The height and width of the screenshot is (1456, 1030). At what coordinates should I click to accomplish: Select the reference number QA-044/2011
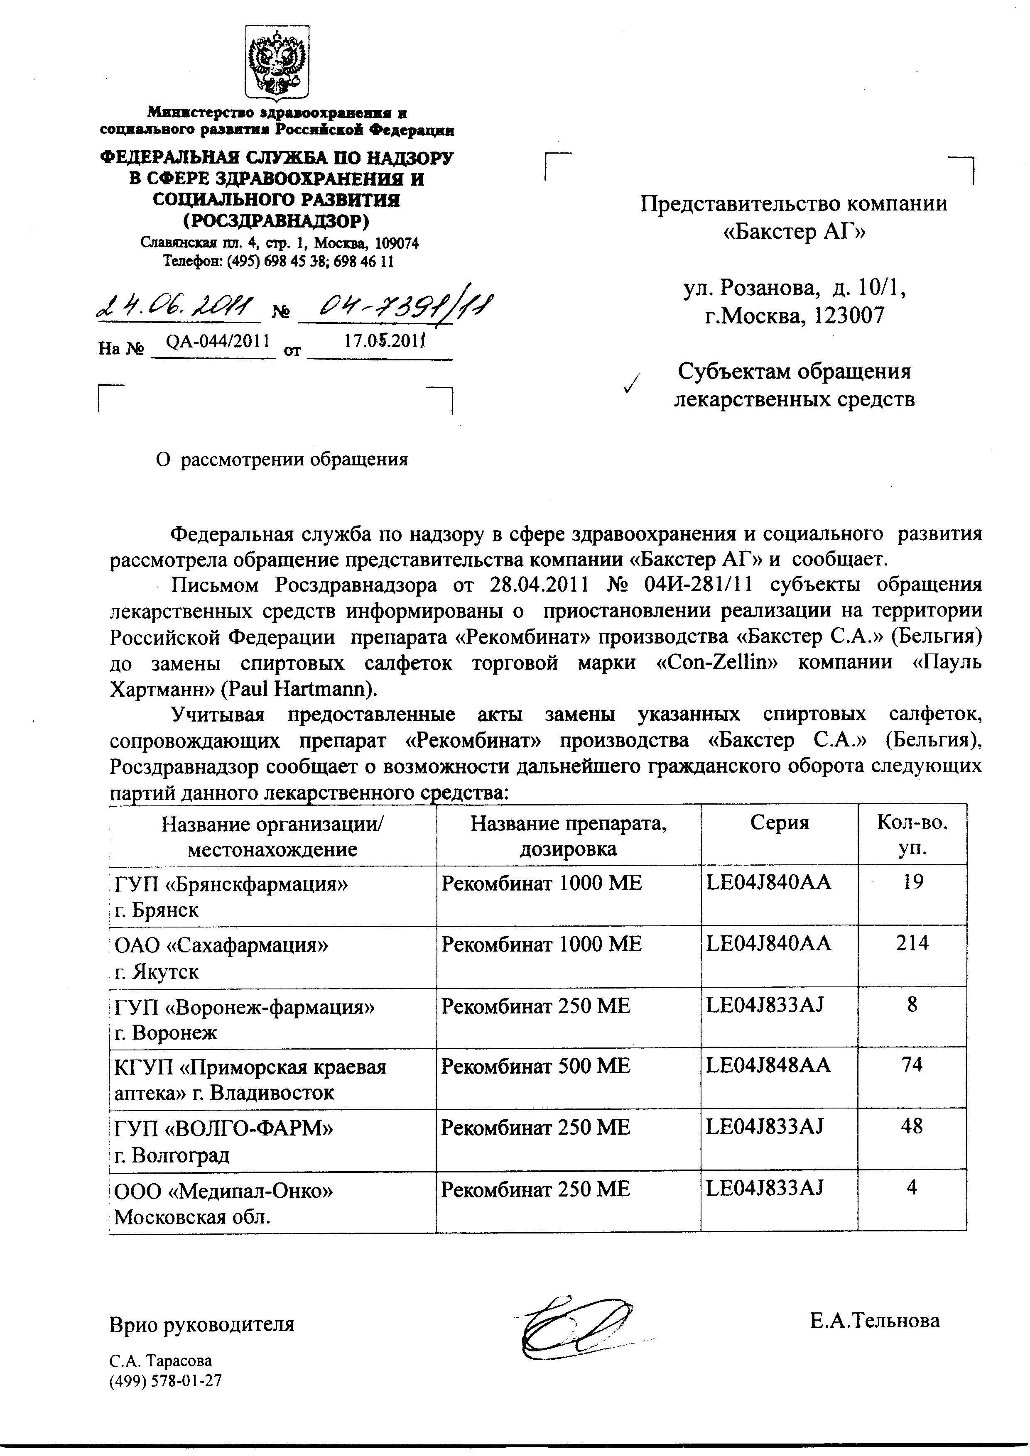(x=218, y=341)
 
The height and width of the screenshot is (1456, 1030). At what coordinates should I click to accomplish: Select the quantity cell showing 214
(x=912, y=943)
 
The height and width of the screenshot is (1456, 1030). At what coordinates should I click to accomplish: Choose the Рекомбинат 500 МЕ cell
(x=536, y=1066)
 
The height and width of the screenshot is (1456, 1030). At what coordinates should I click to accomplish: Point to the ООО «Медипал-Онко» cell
(x=224, y=1191)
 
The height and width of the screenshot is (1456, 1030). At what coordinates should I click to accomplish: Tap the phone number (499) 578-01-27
(x=166, y=1380)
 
